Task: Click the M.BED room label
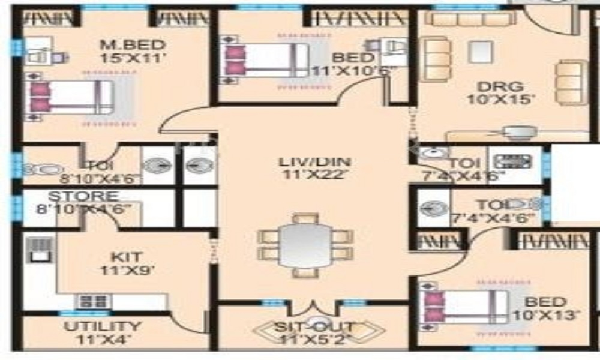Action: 132,45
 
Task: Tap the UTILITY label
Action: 103,327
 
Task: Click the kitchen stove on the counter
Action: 92,302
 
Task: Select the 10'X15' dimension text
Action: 500,100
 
